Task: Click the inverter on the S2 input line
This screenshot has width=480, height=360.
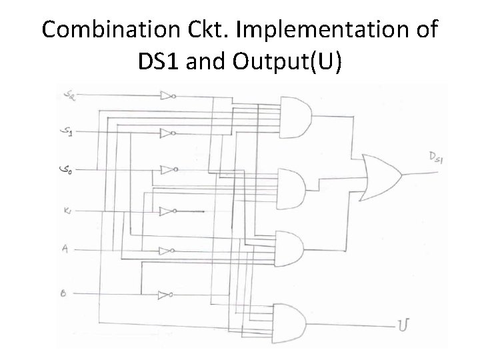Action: tap(167, 96)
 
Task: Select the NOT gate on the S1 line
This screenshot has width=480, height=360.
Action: tap(167, 133)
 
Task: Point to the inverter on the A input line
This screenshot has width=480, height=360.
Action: tap(167, 251)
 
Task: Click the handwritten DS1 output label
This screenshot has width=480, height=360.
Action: tap(437, 157)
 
